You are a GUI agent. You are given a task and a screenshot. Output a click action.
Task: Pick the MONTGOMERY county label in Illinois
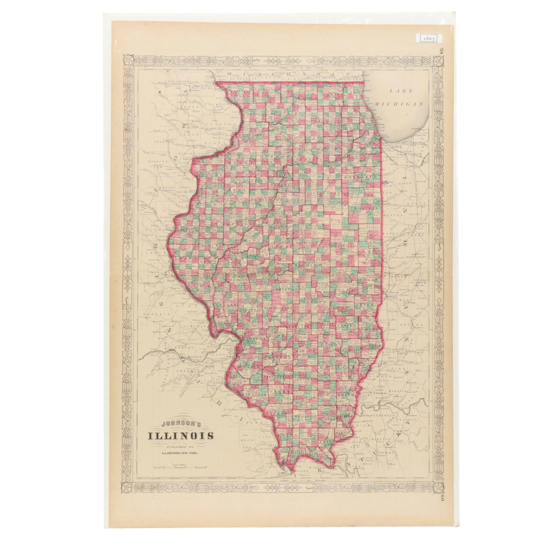[x=278, y=308]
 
